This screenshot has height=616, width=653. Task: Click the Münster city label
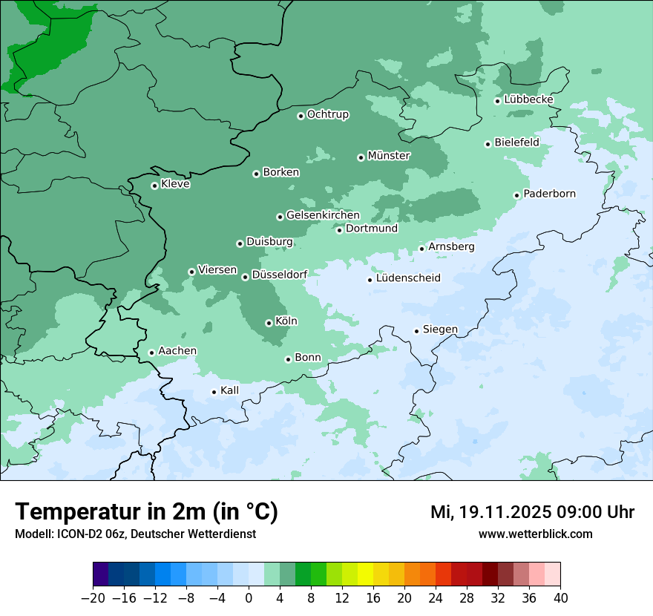pyautogui.click(x=389, y=156)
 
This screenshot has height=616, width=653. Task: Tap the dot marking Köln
pyautogui.click(x=269, y=323)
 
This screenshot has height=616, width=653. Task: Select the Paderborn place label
pyautogui.click(x=549, y=194)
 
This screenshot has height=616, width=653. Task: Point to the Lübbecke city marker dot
pyautogui.click(x=497, y=101)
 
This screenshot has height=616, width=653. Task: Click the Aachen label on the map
pyautogui.click(x=177, y=351)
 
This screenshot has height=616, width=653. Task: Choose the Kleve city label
pyautogui.click(x=175, y=184)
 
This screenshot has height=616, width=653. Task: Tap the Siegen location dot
pyautogui.click(x=416, y=331)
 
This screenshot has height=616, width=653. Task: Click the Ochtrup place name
pyautogui.click(x=327, y=114)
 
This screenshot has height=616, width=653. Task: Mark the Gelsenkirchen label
pyautogui.click(x=323, y=215)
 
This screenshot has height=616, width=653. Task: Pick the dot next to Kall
pyautogui.click(x=214, y=392)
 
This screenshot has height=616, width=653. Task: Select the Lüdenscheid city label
pyautogui.click(x=408, y=278)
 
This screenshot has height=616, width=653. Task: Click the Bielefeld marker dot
pyautogui.click(x=488, y=144)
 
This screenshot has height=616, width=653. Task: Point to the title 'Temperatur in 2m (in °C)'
pyautogui.click(x=146, y=511)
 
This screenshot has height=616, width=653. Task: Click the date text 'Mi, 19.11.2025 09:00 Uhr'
pyautogui.click(x=532, y=512)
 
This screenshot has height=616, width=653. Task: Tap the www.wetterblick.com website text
pyautogui.click(x=535, y=534)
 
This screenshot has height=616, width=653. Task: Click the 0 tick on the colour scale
pyautogui.click(x=249, y=598)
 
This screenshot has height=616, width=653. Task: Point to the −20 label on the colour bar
pyautogui.click(x=93, y=598)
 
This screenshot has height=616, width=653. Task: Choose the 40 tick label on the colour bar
pyautogui.click(x=560, y=598)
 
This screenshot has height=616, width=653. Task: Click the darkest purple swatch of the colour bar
pyautogui.click(x=100, y=574)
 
